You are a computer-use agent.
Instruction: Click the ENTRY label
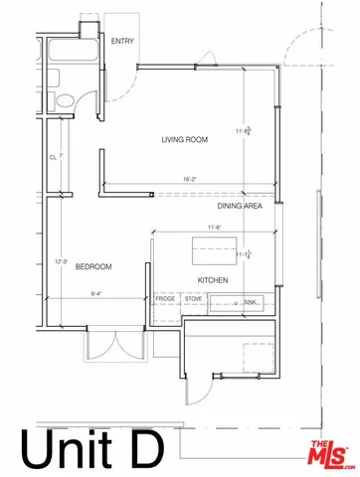click(x=123, y=41)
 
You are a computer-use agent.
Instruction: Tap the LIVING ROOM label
click(x=184, y=140)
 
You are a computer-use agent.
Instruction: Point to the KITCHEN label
click(x=214, y=281)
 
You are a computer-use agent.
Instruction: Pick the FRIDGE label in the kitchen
click(x=164, y=297)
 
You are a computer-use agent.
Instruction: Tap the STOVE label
click(x=193, y=297)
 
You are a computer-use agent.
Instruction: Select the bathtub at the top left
click(x=73, y=55)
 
